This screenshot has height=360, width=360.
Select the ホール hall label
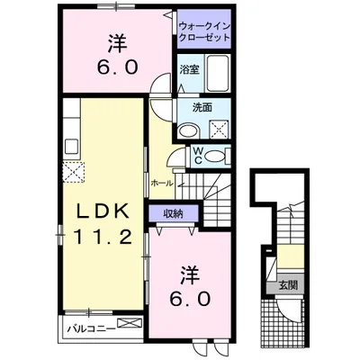coord(162,183)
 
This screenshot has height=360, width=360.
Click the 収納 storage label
coord(172,212)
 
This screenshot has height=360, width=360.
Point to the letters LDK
coord(102,212)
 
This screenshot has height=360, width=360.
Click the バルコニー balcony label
coord(90,328)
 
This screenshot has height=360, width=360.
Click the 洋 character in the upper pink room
coord(116,40)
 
